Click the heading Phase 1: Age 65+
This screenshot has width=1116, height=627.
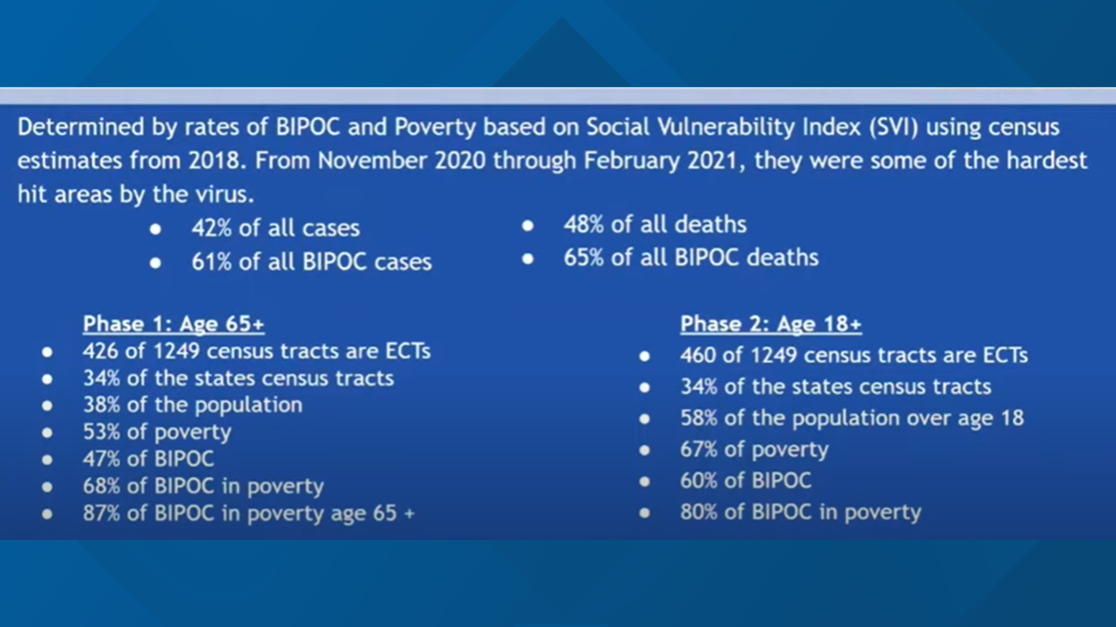[x=173, y=324]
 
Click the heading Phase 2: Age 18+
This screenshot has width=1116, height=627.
[x=770, y=324]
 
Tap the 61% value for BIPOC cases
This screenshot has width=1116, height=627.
[x=211, y=261]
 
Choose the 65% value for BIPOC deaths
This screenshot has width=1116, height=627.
[x=583, y=257]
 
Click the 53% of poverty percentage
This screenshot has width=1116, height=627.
[x=102, y=432]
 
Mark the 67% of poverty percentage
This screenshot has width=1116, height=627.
[x=700, y=449]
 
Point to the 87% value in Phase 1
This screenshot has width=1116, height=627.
[x=102, y=514]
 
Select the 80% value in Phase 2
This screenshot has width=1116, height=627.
[x=700, y=512]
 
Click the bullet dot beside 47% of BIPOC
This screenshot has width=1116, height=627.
[x=47, y=460]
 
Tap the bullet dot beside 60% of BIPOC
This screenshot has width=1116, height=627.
[x=644, y=481]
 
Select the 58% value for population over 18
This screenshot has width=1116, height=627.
[x=700, y=418]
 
